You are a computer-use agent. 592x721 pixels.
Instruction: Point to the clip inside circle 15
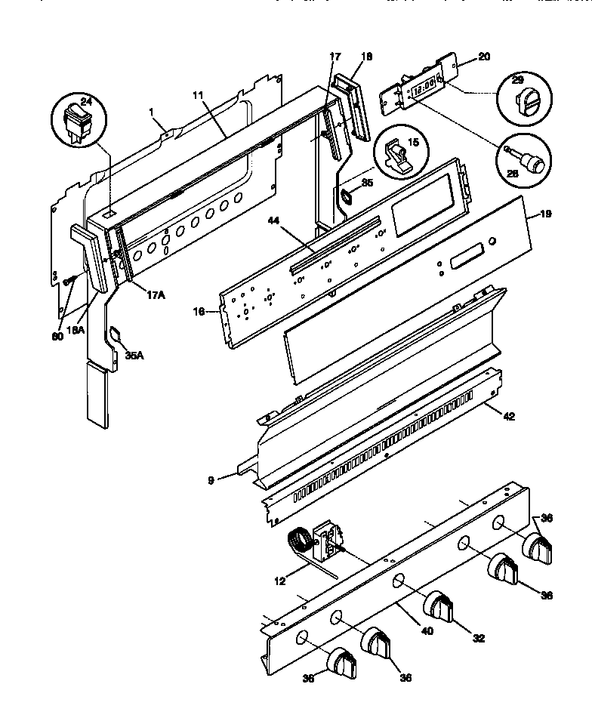click(x=399, y=154)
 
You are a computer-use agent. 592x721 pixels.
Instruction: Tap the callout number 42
click(x=509, y=417)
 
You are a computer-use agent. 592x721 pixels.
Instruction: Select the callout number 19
click(x=545, y=214)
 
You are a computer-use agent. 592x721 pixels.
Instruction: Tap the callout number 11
click(x=198, y=97)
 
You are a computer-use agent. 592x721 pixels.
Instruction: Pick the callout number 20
click(x=484, y=57)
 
